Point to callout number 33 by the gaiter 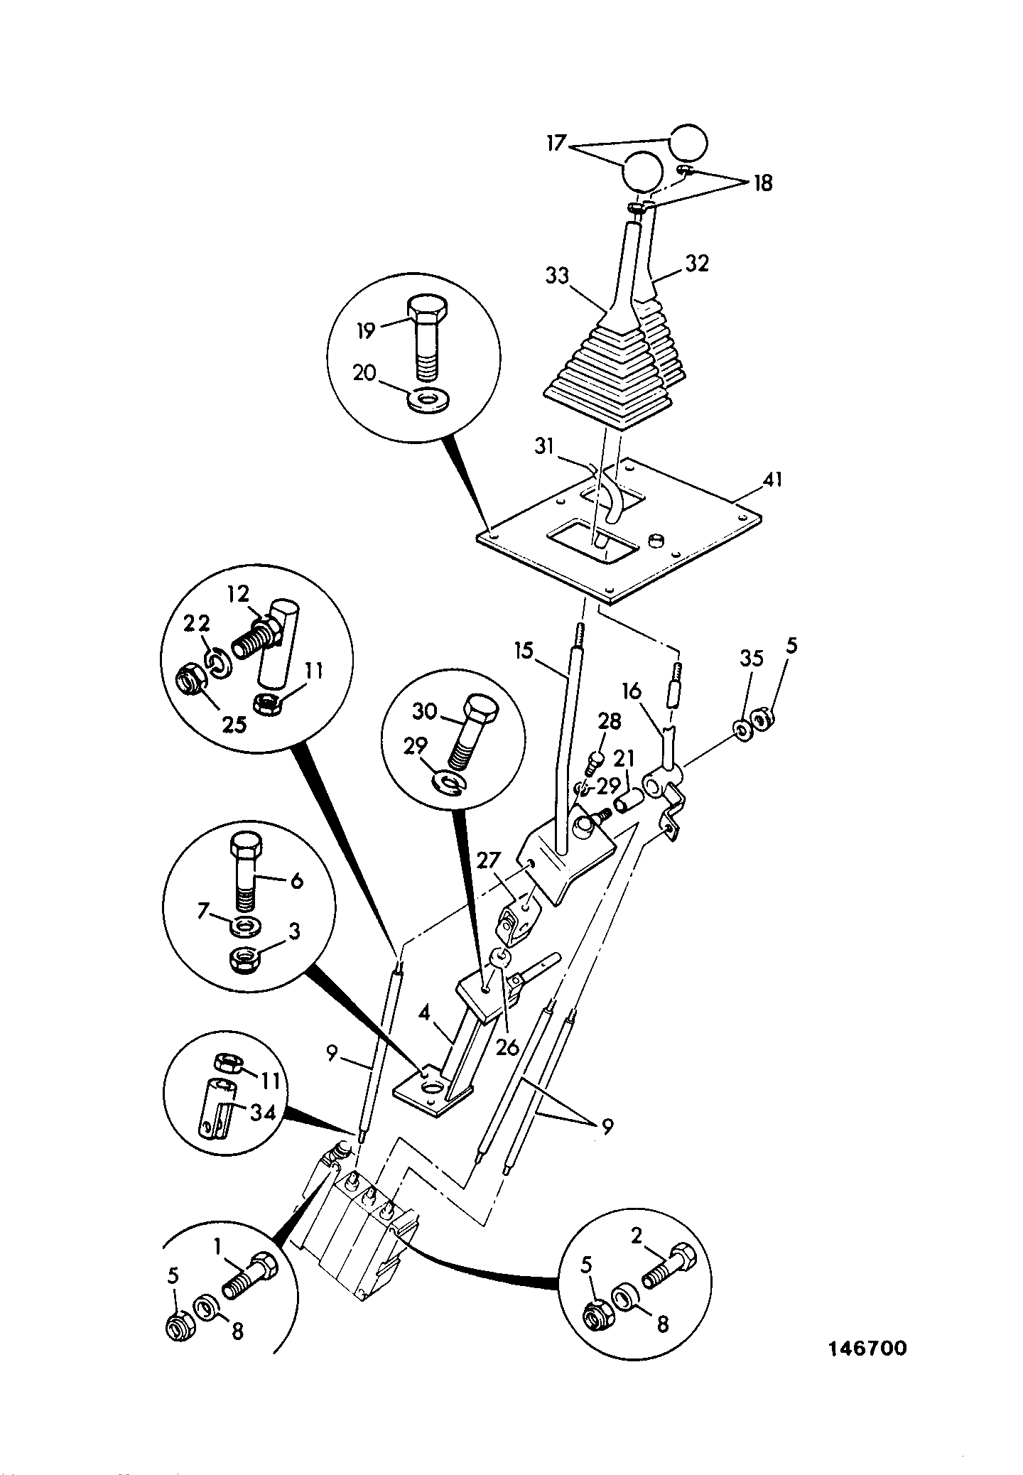(x=558, y=275)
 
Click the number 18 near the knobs (x=763, y=184)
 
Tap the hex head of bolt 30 (x=481, y=707)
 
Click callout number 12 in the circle (x=239, y=593)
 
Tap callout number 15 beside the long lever (x=525, y=651)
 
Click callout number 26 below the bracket (x=507, y=1067)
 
